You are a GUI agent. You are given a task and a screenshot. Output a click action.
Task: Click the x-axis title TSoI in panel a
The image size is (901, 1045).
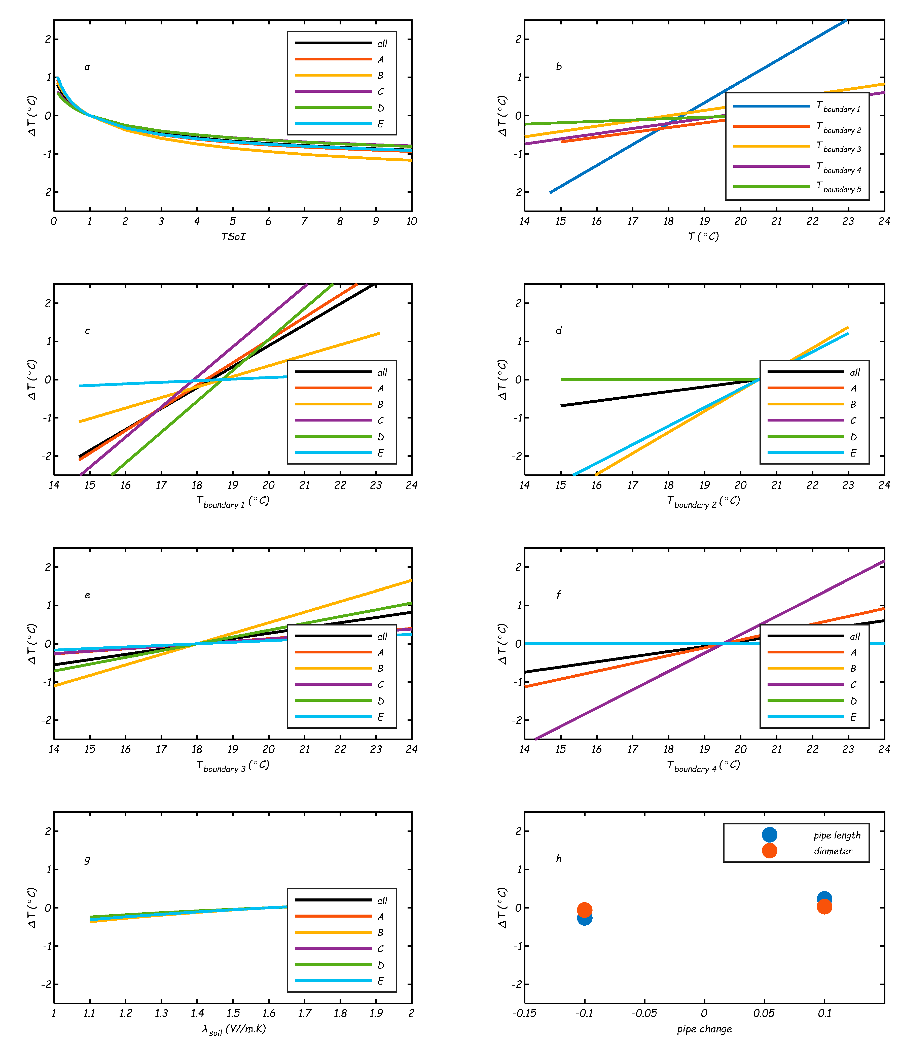click(233, 236)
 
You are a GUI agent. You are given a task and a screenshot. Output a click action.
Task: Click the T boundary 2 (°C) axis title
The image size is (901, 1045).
click(703, 501)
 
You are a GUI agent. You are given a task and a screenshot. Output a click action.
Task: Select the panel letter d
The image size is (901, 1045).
click(559, 330)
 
